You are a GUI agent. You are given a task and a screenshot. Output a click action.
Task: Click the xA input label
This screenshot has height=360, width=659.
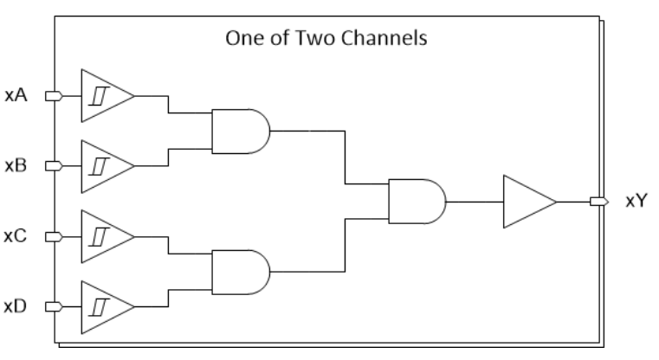(16, 95)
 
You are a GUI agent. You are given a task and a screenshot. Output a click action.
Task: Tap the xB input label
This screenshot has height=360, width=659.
(16, 165)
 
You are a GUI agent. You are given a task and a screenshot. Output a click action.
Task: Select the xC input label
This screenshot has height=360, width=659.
(16, 236)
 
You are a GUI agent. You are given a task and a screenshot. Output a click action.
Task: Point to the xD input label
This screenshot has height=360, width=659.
(16, 306)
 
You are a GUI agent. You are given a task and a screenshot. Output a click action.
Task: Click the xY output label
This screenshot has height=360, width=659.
(636, 202)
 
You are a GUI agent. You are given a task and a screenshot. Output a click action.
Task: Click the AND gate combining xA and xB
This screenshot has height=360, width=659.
(241, 131)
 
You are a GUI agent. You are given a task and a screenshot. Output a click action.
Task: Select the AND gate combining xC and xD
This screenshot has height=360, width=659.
(241, 273)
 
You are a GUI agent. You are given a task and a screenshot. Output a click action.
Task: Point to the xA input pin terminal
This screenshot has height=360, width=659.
(54, 96)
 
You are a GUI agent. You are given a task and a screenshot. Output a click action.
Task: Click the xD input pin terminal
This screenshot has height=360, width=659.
(54, 306)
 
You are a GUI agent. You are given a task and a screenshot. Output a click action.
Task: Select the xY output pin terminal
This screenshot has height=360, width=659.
(599, 202)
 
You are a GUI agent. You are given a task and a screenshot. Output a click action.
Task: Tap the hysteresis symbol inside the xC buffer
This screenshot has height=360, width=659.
(100, 237)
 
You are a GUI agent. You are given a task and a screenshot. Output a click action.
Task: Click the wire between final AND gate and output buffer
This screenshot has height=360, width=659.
(475, 202)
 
